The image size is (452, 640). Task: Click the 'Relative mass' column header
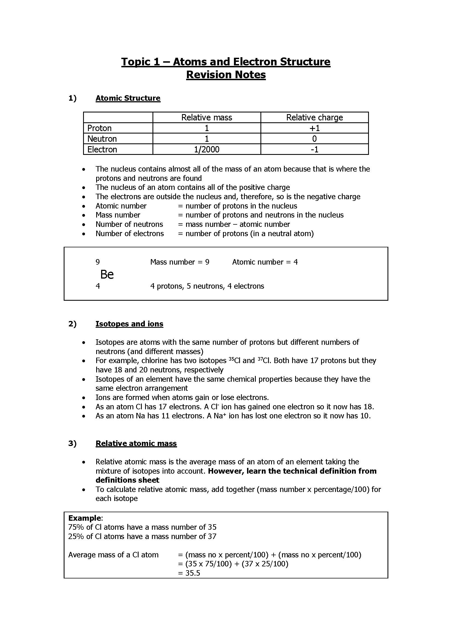(x=207, y=117)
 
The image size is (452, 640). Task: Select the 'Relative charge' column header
(x=314, y=117)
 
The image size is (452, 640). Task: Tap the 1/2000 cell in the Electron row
(x=207, y=149)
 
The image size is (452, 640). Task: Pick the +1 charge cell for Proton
(x=314, y=128)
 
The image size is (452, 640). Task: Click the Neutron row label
(x=102, y=138)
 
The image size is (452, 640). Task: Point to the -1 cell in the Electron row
(x=314, y=149)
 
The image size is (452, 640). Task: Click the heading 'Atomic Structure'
(x=128, y=98)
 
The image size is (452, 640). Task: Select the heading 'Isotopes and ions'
(x=129, y=324)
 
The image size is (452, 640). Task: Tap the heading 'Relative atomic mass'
(x=136, y=443)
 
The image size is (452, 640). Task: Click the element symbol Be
(x=107, y=274)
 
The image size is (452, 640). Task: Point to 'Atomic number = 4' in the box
(x=265, y=262)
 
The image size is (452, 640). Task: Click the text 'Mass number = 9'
(x=180, y=262)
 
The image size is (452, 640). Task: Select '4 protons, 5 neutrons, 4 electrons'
(x=207, y=286)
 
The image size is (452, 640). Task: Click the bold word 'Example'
(x=85, y=518)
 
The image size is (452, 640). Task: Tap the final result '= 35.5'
(x=189, y=573)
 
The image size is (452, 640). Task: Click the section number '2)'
(x=72, y=324)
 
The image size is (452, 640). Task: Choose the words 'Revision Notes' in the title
(x=226, y=75)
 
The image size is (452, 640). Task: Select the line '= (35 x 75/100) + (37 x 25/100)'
(x=233, y=564)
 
